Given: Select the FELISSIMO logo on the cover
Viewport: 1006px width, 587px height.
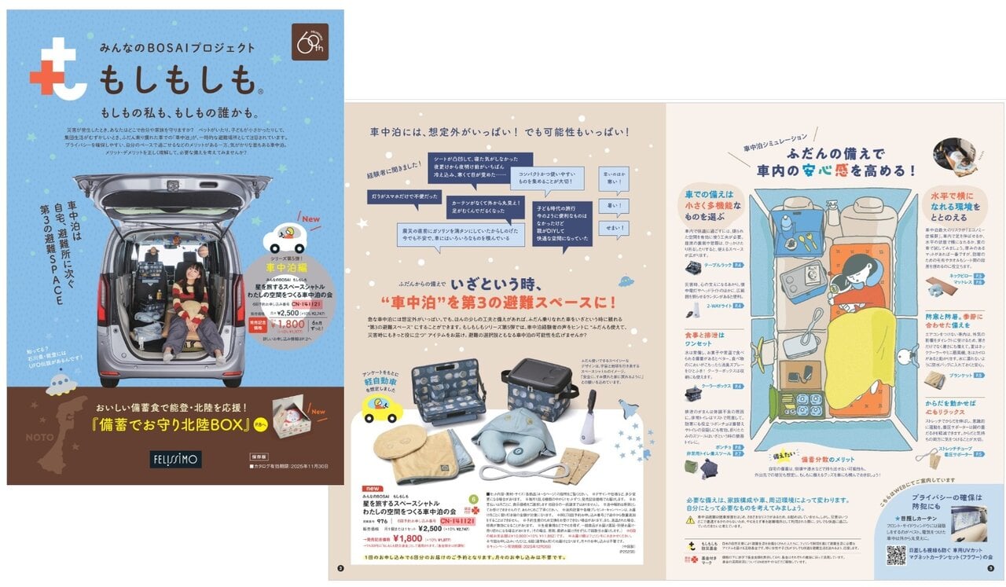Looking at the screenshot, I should coord(177,459).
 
